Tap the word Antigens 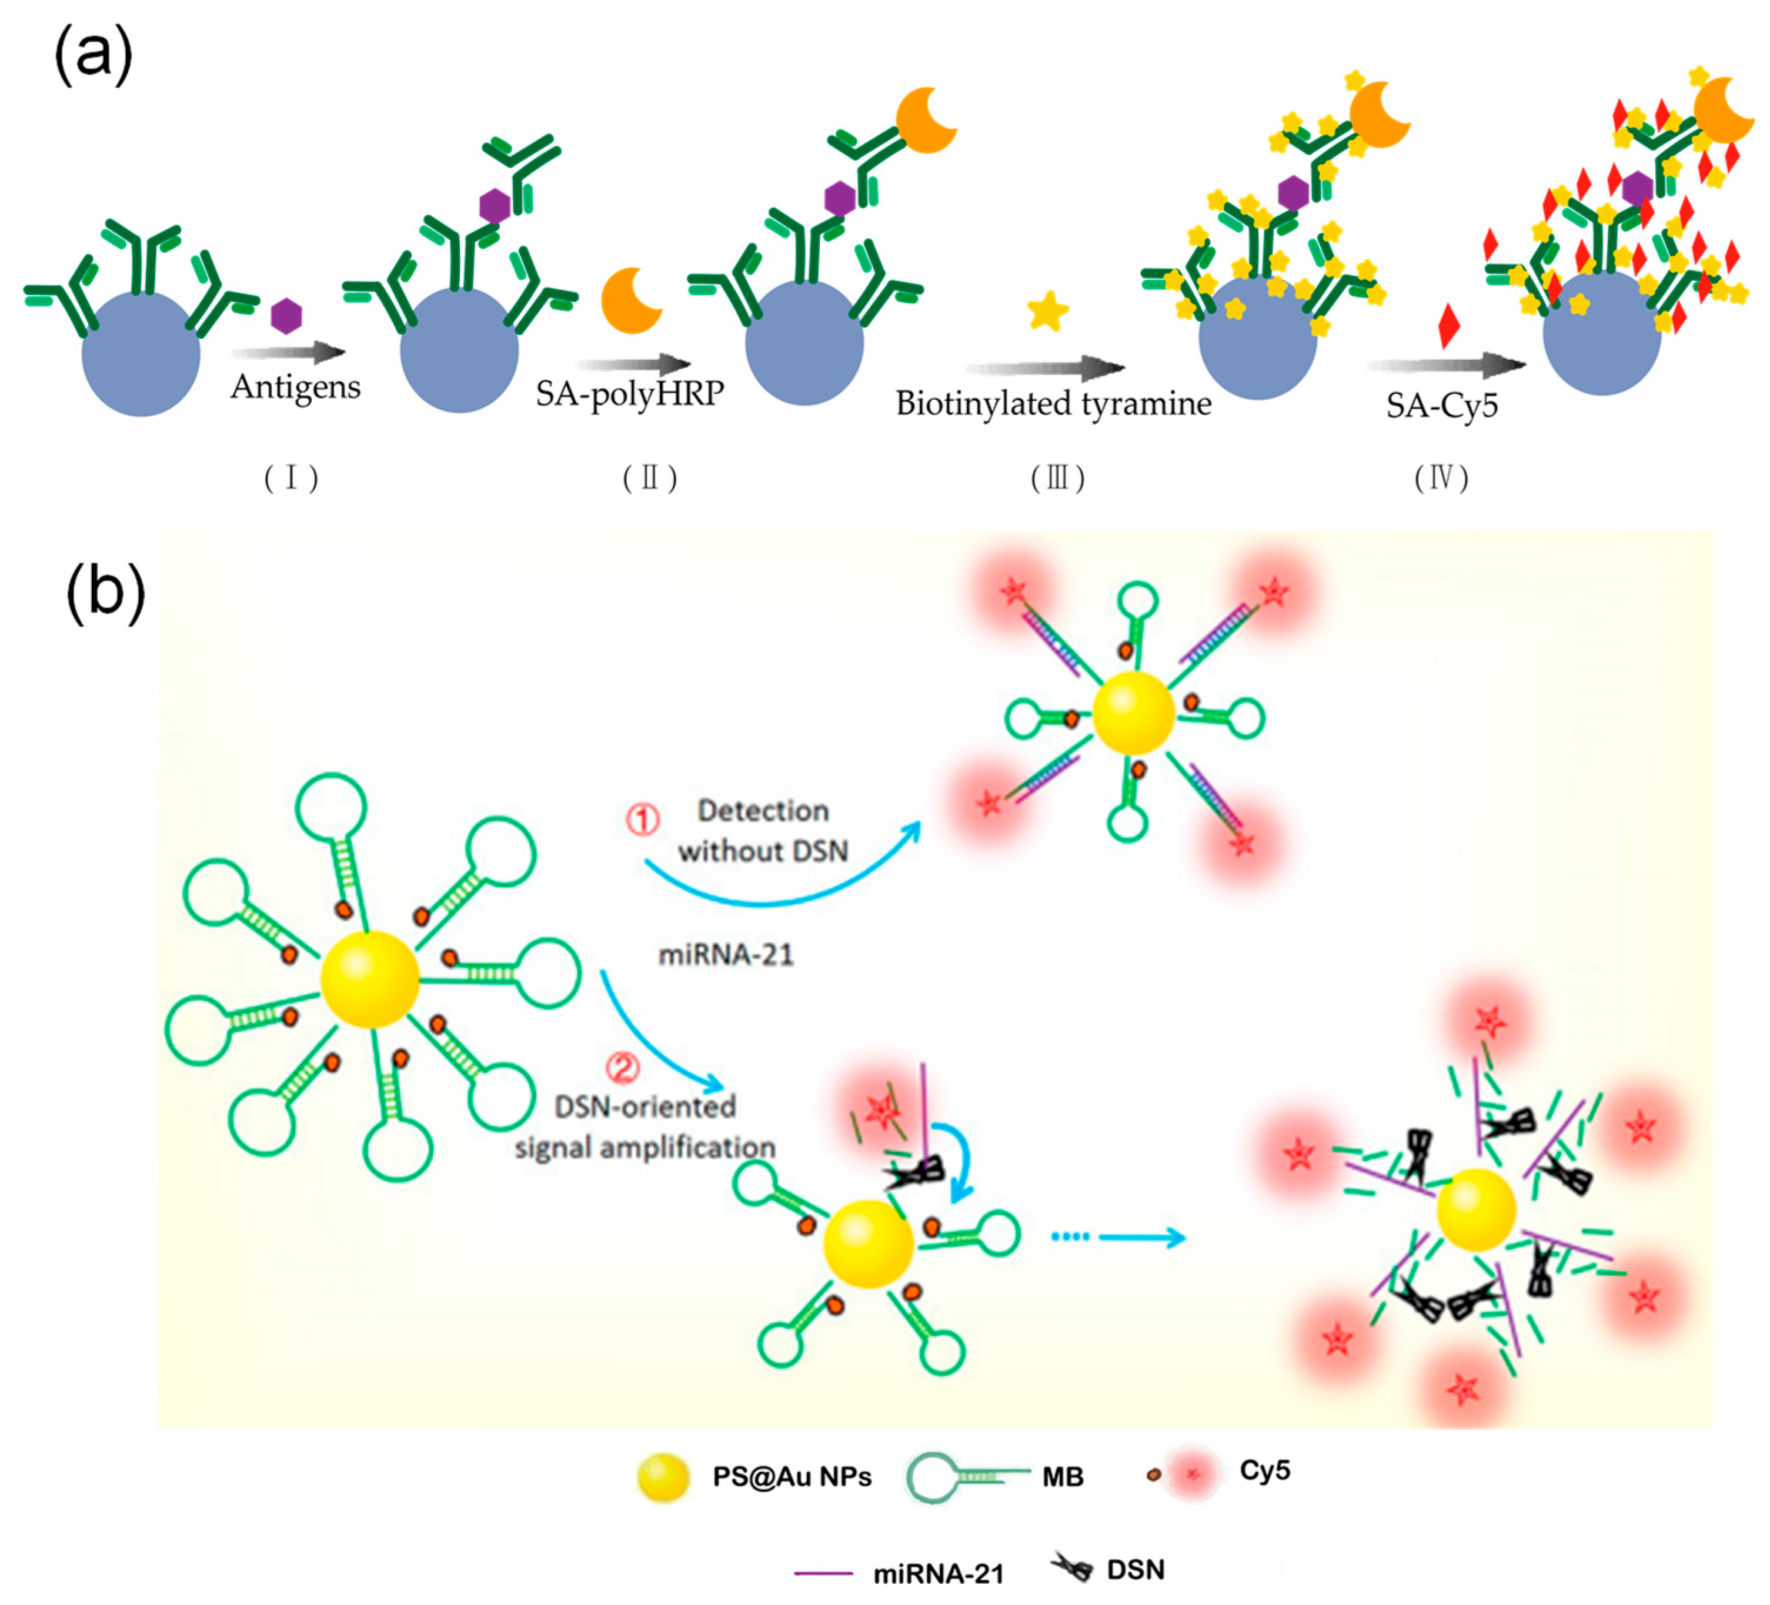pos(296,387)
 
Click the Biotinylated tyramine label pos(1053,404)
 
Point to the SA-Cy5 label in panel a pos(1442,406)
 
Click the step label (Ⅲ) pos(1057,479)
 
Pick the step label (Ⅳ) pos(1441,479)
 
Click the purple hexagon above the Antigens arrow pos(286,315)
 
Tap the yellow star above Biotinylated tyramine pos(1047,311)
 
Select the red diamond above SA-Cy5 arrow pos(1449,325)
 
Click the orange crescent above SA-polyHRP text pos(630,300)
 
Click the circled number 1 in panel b pos(642,819)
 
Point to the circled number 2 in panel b pos(623,1068)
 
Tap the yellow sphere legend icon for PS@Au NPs pos(663,1477)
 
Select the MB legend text pos(1063,1477)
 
